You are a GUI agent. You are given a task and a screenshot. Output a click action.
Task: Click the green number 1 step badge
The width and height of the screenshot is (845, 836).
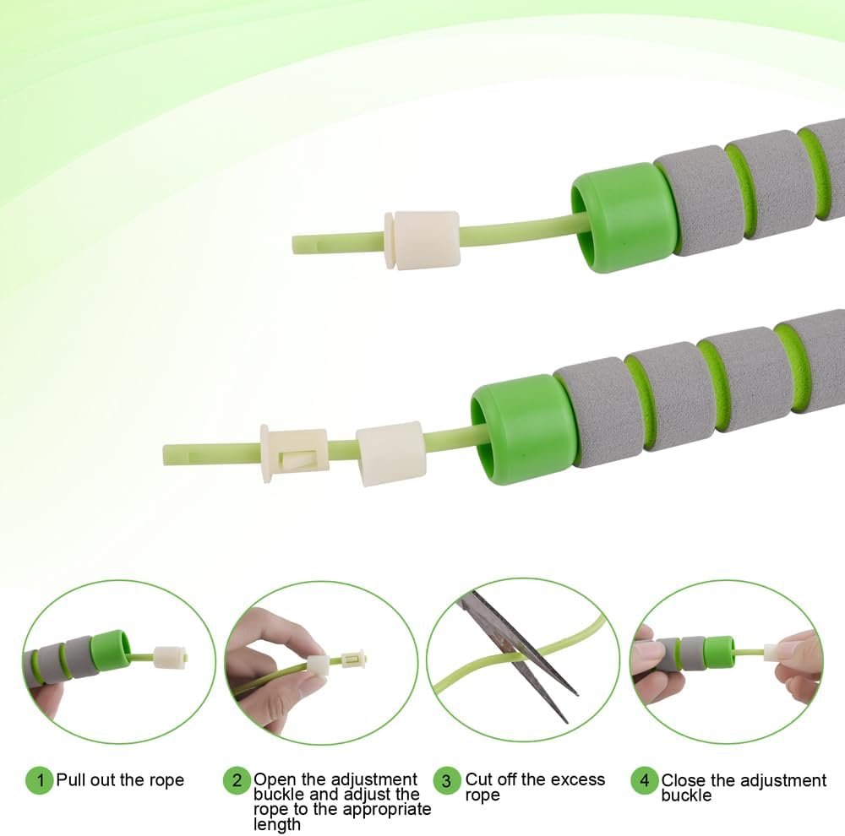pos(40,779)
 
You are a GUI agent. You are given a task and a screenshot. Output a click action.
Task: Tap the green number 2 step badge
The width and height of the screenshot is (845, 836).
pos(237,779)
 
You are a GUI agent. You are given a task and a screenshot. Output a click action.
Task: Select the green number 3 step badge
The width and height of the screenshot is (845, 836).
pos(447,780)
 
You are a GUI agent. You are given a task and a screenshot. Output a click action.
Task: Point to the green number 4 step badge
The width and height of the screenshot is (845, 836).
pos(645,780)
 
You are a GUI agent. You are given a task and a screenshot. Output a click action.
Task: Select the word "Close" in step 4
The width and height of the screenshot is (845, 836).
pos(683,780)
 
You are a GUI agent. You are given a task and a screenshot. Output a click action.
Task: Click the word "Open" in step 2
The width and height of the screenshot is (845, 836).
pos(275,779)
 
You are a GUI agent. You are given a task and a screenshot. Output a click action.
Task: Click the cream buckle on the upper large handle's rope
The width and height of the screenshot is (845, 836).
pos(422,240)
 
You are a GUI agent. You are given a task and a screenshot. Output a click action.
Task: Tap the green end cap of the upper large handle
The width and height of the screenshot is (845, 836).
pos(623,217)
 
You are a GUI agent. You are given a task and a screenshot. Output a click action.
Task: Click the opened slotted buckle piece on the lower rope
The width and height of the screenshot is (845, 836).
pos(293,453)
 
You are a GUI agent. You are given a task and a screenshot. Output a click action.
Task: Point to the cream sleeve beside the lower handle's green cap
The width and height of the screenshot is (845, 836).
pos(390,453)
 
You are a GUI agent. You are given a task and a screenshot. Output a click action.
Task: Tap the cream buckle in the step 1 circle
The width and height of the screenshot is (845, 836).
pos(171,658)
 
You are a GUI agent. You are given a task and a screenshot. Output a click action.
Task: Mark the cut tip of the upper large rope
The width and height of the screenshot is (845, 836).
pos(294,244)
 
